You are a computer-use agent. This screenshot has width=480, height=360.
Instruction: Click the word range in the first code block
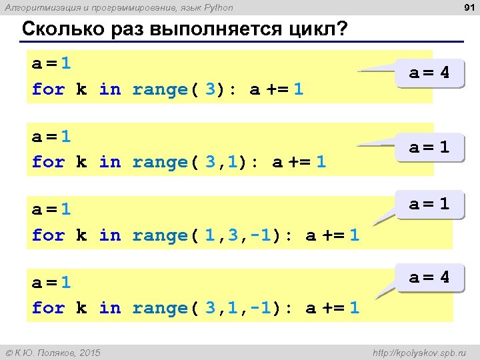(x=159, y=89)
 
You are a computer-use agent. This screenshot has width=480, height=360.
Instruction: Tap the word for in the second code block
(x=48, y=161)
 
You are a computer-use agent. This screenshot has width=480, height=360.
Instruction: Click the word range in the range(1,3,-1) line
(x=159, y=235)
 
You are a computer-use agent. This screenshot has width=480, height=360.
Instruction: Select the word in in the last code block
(x=109, y=307)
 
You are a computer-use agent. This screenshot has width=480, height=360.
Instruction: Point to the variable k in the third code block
(x=81, y=235)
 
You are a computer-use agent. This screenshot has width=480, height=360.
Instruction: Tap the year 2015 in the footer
(x=88, y=352)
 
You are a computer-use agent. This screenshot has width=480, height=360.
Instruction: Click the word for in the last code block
(x=48, y=307)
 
